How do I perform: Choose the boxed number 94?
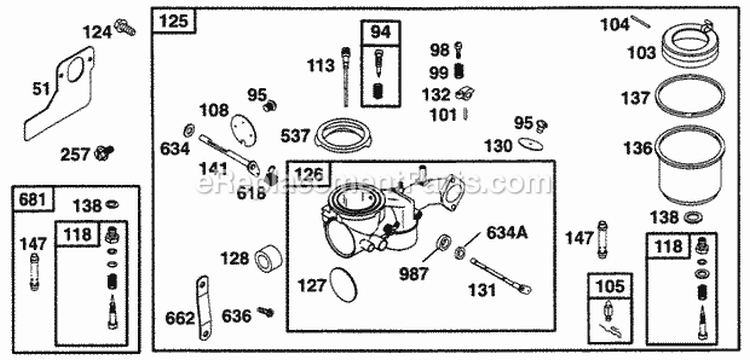pos(380,32)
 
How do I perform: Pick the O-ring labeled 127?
pos(345,285)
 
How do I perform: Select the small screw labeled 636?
pos(265,314)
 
